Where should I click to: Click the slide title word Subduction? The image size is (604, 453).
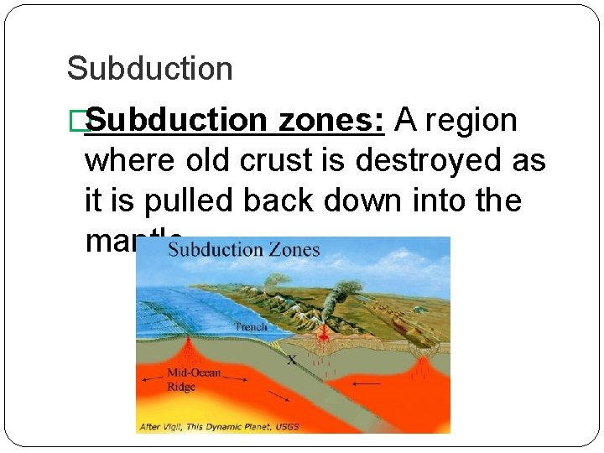[149, 69]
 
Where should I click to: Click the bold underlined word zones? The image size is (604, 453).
[331, 121]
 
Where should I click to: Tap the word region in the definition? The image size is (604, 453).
[471, 121]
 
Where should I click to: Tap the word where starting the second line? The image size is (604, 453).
[129, 161]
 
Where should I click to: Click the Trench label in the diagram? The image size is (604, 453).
[251, 326]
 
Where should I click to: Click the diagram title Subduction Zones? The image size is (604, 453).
[243, 249]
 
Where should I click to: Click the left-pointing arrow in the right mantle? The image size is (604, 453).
[366, 383]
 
